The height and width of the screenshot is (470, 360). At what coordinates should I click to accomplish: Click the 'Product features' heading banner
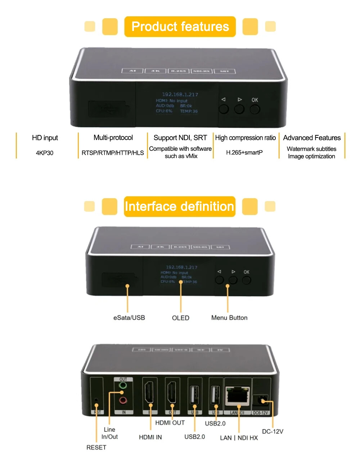click(180, 27)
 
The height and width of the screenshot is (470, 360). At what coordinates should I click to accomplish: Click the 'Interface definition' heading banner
click(179, 207)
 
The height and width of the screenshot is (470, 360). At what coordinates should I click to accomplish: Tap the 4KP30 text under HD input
click(45, 153)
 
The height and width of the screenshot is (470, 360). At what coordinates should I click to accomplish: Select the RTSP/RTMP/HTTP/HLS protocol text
click(113, 153)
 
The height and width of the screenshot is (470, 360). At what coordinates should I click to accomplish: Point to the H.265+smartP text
click(244, 153)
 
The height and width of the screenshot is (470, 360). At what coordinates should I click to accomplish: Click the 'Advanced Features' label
click(312, 138)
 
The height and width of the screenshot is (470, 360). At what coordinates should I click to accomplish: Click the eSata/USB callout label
click(129, 318)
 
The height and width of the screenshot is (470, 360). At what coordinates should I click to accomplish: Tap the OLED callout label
click(180, 318)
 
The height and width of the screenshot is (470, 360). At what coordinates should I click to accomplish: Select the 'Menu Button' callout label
click(229, 318)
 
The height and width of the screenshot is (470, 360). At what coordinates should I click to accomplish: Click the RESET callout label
click(96, 447)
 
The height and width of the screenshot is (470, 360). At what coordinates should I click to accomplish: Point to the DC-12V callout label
click(273, 431)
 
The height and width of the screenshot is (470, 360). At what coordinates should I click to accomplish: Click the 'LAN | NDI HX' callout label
click(239, 438)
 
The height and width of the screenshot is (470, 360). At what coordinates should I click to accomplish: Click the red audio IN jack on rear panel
click(123, 400)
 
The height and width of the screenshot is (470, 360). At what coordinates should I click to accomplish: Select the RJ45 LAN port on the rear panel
click(238, 396)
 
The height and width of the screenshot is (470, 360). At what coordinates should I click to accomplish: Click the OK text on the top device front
click(255, 100)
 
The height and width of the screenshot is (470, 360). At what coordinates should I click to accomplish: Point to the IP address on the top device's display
click(180, 95)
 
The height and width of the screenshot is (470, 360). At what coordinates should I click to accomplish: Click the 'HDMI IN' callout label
click(150, 437)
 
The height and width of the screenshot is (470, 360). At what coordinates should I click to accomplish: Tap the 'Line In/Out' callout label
click(109, 433)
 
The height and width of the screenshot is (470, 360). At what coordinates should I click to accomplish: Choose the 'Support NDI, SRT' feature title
click(180, 138)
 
